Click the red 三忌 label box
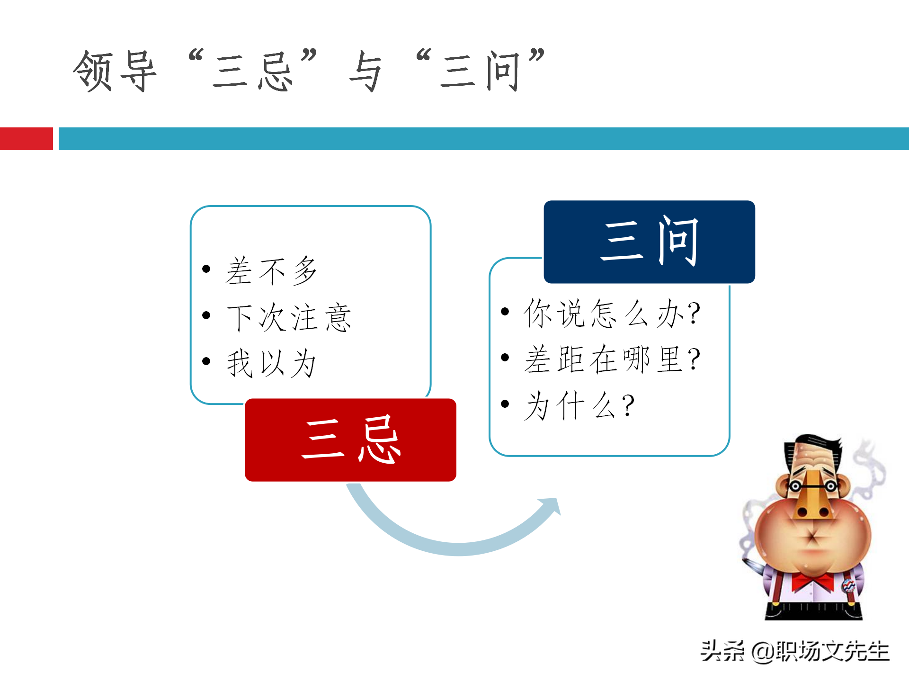[x=350, y=440]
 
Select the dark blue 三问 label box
[x=649, y=242]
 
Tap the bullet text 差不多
[x=271, y=270]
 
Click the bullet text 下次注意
[x=289, y=317]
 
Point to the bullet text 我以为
[x=271, y=363]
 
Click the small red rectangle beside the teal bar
[x=26, y=139]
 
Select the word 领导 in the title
[x=115, y=71]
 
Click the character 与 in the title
[x=365, y=71]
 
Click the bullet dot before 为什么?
[x=505, y=404]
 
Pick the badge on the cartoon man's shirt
[x=847, y=586]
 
